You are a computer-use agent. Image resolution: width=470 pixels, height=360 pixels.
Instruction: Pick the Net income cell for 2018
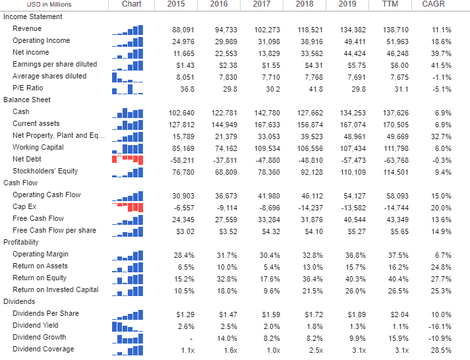pos(305,53)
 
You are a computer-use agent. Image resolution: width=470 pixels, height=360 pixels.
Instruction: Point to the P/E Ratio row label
pos(28,88)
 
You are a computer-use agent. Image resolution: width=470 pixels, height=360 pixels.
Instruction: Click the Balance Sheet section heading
pos(27,100)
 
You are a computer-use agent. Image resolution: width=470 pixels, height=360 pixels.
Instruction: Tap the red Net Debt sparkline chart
pos(127,159)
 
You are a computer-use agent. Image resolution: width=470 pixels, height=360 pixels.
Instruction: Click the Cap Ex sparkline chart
pos(127,206)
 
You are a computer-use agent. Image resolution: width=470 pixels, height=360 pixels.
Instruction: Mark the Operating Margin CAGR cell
pos(438,255)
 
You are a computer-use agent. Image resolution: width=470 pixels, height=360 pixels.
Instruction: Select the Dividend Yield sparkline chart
pos(127,325)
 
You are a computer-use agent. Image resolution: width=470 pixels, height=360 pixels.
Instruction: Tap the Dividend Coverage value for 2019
pos(350,349)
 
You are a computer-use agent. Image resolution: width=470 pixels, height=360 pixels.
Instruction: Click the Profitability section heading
pos(22,242)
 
